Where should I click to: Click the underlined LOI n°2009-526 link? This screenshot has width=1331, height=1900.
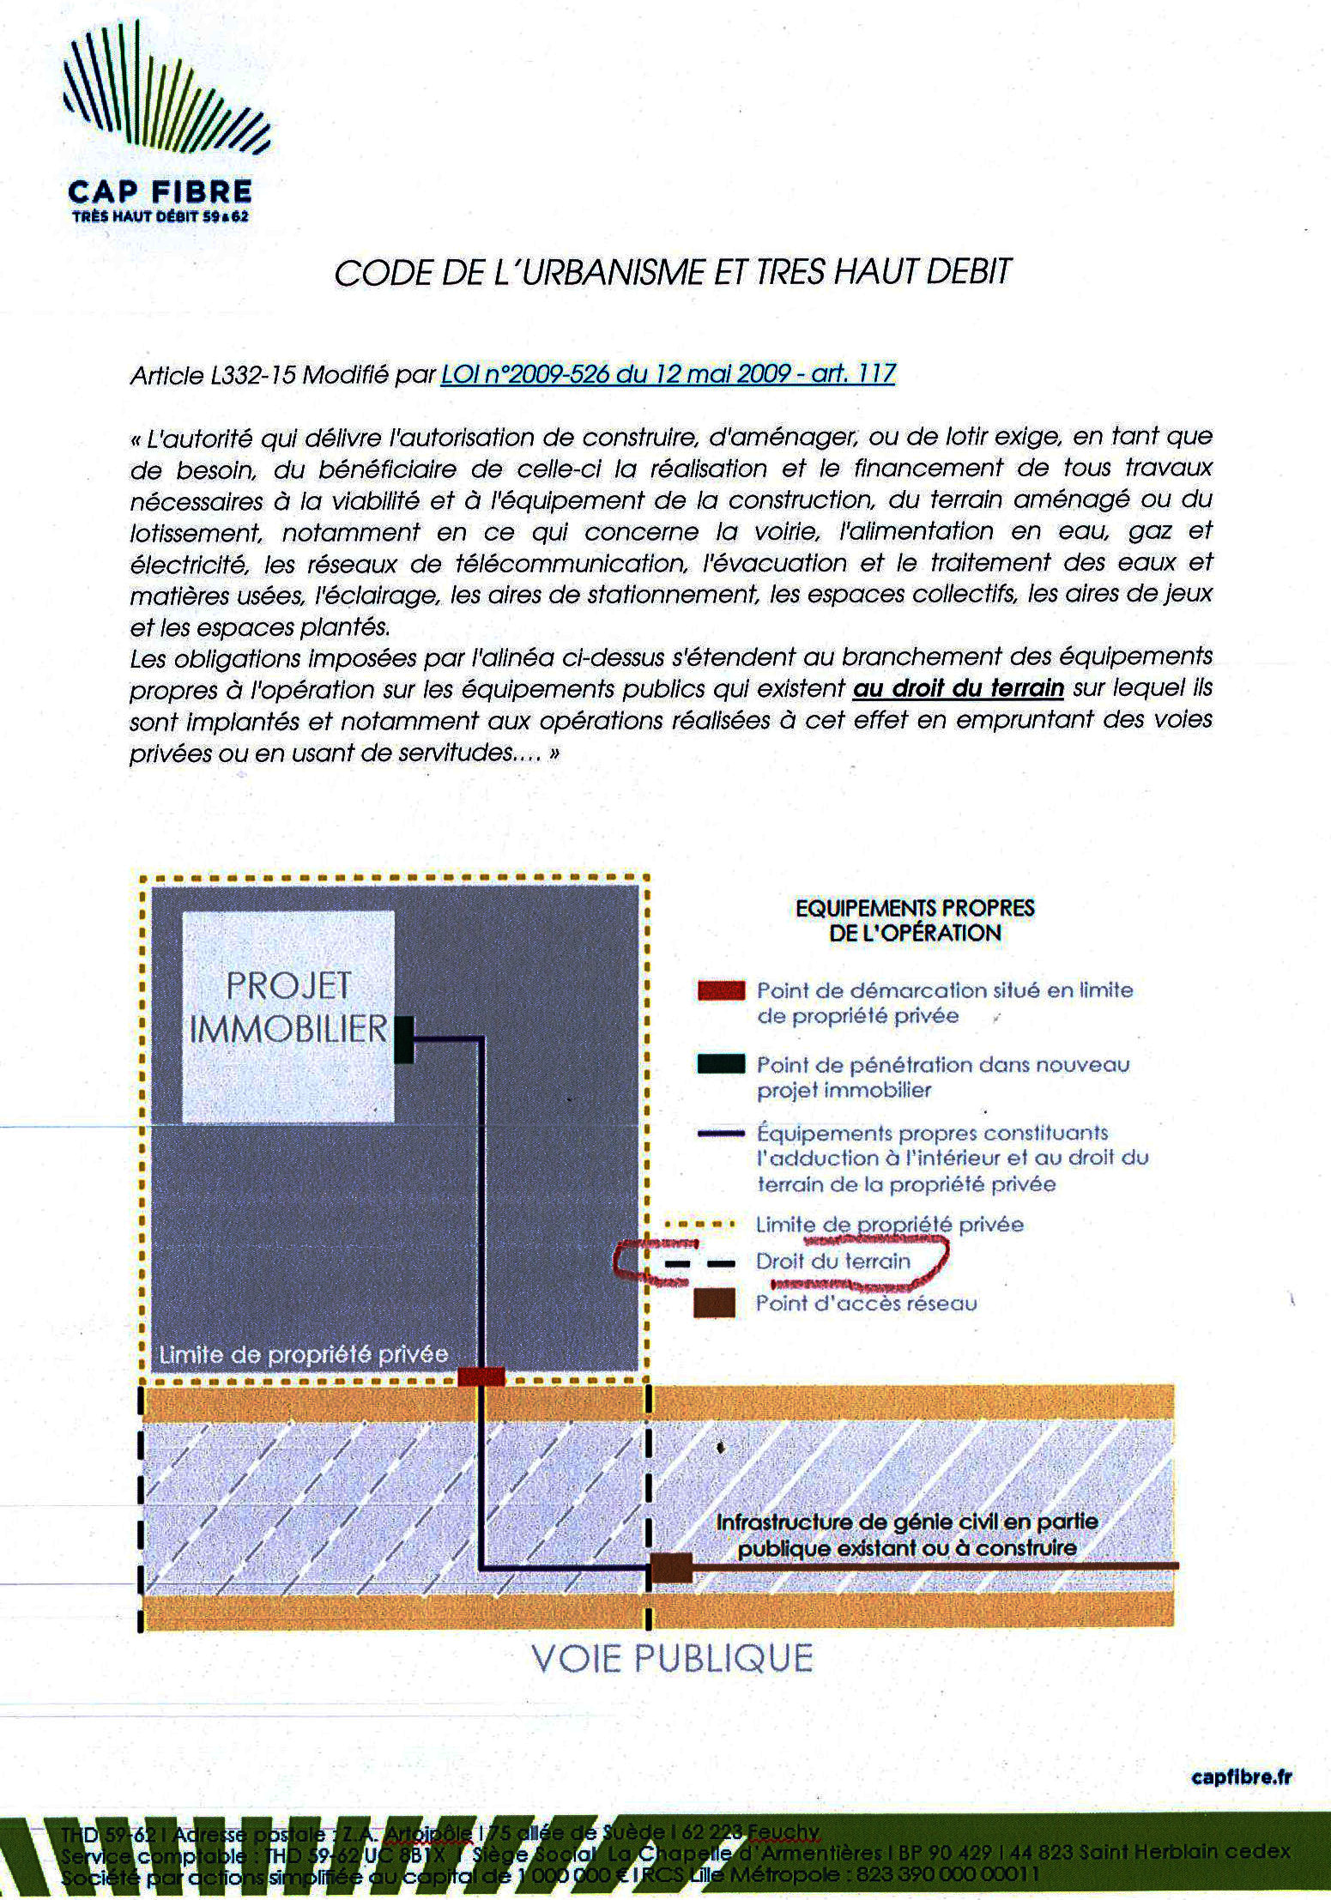pos(668,374)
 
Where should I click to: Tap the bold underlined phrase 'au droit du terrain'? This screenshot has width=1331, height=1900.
pos(958,688)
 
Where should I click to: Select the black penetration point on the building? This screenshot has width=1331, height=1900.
pos(403,1039)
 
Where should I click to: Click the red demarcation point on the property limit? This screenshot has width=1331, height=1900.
pos(481,1377)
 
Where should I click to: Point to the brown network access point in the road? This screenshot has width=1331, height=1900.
pos(671,1569)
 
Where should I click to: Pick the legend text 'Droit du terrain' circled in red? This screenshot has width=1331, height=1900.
pos(832,1262)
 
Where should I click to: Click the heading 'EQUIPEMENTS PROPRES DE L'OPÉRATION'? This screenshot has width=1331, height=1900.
pos(915,920)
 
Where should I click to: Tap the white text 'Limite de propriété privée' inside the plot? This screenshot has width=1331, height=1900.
pos(305,1355)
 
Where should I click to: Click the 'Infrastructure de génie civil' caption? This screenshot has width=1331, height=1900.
pos(907,1535)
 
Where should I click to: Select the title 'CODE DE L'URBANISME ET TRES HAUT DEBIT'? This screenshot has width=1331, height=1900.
pos(673,273)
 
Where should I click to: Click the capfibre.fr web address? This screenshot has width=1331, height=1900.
pos(1242,1776)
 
